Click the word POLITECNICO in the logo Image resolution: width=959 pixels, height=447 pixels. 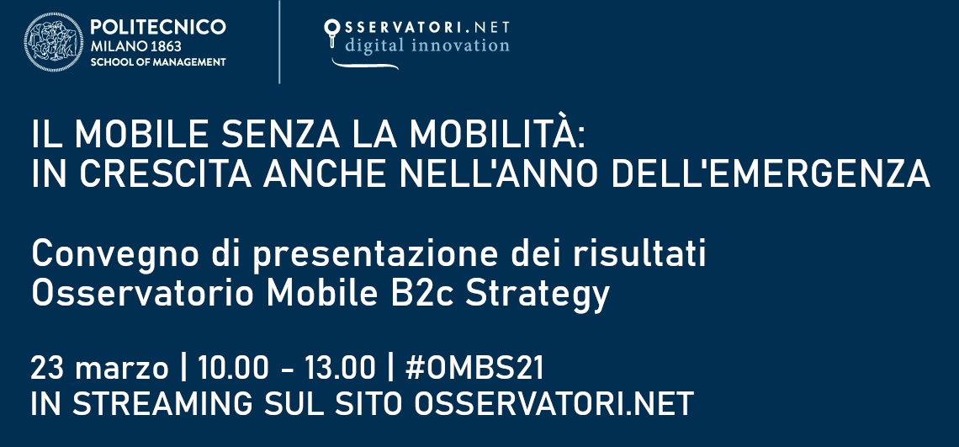tap(157, 27)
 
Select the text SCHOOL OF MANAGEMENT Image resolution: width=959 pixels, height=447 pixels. tap(157, 62)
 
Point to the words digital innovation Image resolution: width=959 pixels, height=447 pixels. tap(427, 45)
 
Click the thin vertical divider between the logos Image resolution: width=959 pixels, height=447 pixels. tap(279, 42)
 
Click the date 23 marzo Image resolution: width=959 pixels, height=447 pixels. tap(99, 369)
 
